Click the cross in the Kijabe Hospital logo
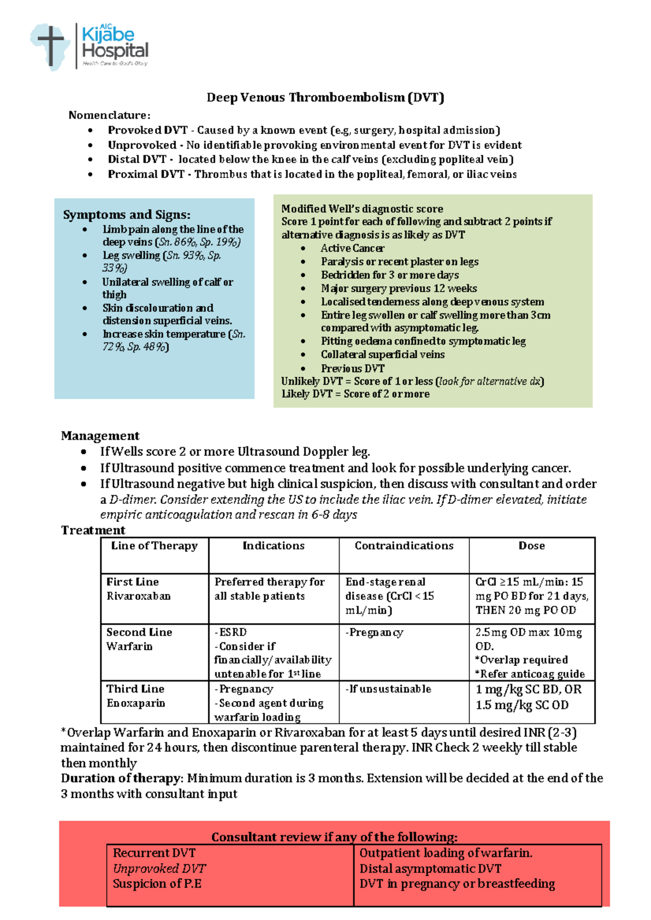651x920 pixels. tap(50, 44)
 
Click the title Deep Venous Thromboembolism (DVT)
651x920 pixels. tap(325, 98)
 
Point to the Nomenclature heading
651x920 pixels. tap(109, 115)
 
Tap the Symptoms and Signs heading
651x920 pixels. tap(126, 215)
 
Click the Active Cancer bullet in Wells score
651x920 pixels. tap(352, 248)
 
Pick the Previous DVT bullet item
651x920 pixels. tap(353, 368)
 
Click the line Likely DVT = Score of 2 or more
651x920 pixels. tap(355, 394)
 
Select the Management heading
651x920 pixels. tap(100, 436)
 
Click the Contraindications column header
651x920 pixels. tap(404, 546)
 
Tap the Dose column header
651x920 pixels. tap(531, 546)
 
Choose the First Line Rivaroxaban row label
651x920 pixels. tap(138, 589)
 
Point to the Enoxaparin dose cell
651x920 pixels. tap(528, 697)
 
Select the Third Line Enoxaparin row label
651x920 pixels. tap(136, 696)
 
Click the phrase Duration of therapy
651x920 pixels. tap(120, 778)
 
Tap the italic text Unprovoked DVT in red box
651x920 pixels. tap(159, 869)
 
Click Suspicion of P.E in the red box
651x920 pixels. tap(157, 884)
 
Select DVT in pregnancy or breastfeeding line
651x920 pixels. tap(457, 884)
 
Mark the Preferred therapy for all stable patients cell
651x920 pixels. tap(269, 589)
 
